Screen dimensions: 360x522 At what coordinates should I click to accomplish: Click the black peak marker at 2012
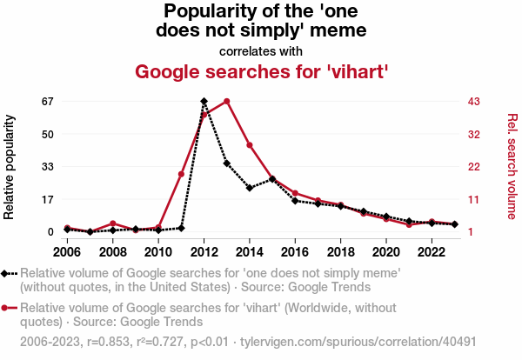pyautogui.click(x=204, y=102)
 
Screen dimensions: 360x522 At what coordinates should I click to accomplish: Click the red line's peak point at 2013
pyautogui.click(x=226, y=102)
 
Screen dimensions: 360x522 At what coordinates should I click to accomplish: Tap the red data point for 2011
pyautogui.click(x=181, y=175)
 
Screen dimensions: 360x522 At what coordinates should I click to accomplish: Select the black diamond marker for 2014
pyautogui.click(x=249, y=188)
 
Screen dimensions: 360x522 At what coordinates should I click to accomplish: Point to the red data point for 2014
pyautogui.click(x=249, y=145)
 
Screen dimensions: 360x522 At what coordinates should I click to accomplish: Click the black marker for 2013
pyautogui.click(x=226, y=163)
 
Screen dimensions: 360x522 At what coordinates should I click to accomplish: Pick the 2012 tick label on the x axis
pyautogui.click(x=204, y=252)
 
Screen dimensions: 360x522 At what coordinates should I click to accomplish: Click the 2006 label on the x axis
pyautogui.click(x=67, y=252)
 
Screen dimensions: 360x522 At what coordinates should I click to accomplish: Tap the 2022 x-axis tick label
pyautogui.click(x=431, y=252)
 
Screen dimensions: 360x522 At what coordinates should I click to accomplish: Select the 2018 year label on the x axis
pyautogui.click(x=340, y=252)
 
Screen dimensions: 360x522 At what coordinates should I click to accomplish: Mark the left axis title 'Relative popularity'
pyautogui.click(x=10, y=166)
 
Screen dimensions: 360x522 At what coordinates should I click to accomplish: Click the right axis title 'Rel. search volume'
pyautogui.click(x=512, y=166)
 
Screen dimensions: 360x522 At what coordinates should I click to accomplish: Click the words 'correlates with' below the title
pyautogui.click(x=260, y=50)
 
